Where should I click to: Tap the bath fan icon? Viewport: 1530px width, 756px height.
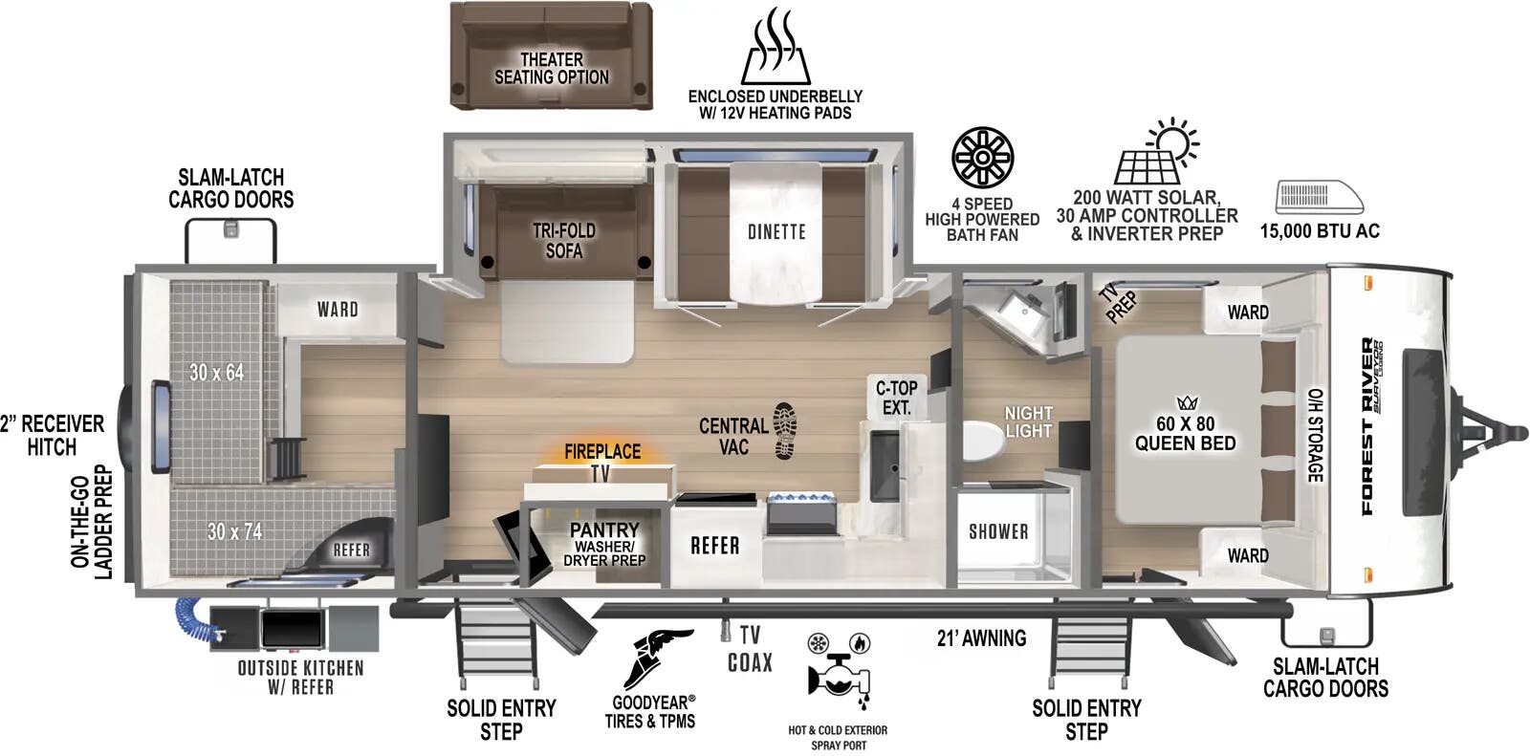[x=982, y=158]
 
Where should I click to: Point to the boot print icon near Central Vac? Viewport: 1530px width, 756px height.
[x=785, y=430]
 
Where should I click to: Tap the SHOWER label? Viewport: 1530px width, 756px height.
[x=998, y=531]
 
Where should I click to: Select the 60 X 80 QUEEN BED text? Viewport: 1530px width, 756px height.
[x=1185, y=433]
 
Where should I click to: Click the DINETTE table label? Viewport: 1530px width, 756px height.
[x=776, y=232]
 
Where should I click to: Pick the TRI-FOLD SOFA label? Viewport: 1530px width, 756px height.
[x=564, y=241]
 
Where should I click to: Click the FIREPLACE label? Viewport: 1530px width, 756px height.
[x=602, y=451]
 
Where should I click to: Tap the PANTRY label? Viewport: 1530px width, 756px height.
[x=604, y=529]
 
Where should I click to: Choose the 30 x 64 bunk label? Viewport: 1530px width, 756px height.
[x=216, y=372]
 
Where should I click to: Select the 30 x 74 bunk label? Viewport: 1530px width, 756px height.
[x=234, y=531]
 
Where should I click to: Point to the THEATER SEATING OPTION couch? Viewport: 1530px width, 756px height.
[x=551, y=55]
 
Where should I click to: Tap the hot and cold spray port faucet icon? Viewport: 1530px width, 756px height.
[x=838, y=673]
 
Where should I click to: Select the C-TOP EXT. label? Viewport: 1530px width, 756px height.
[x=897, y=398]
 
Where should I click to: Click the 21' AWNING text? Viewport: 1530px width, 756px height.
[x=981, y=637]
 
